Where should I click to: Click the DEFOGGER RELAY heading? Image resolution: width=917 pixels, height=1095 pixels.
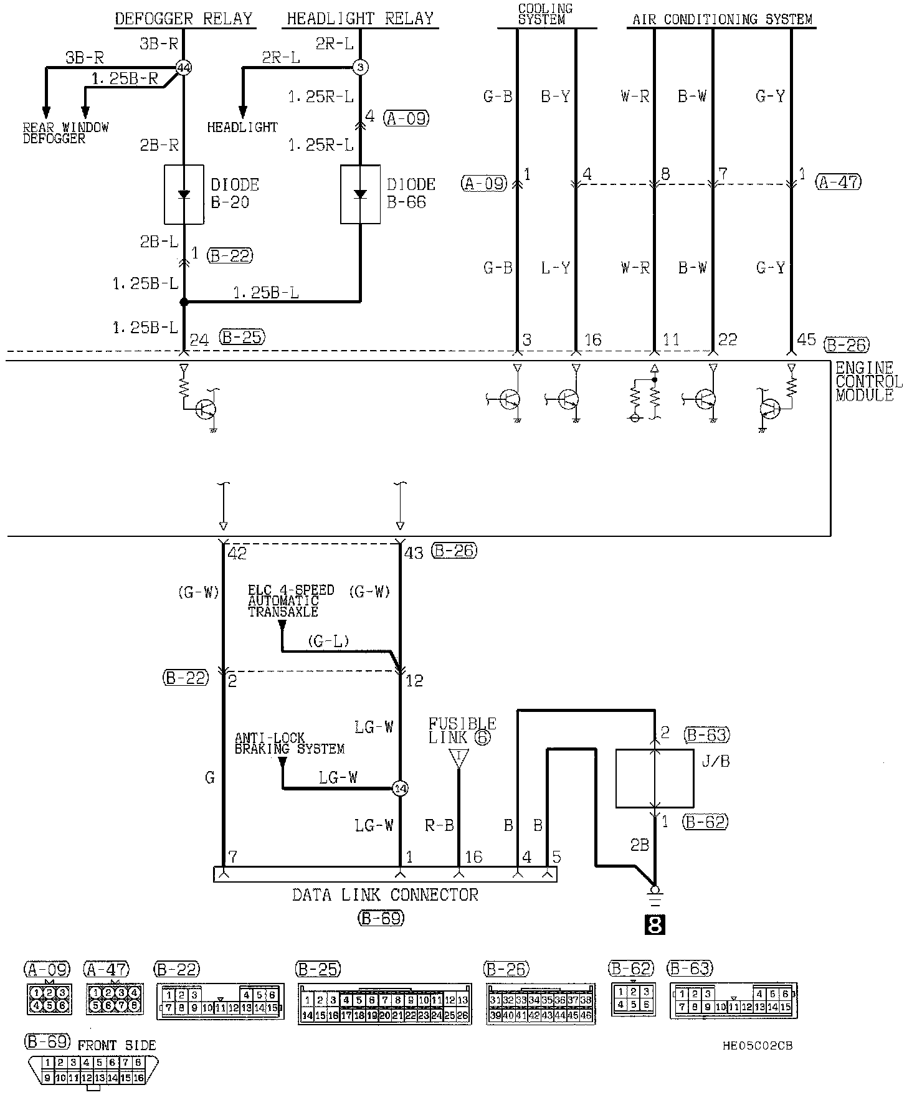(184, 19)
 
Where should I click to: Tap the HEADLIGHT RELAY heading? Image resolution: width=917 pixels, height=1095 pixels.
(360, 19)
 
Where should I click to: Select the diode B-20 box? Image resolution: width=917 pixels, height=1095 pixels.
(184, 194)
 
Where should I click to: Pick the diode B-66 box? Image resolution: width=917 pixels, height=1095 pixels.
(360, 194)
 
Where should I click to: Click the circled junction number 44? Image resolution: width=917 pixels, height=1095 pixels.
(183, 68)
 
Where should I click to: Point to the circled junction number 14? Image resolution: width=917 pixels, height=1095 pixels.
(400, 789)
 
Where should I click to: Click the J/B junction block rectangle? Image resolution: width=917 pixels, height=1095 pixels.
(654, 778)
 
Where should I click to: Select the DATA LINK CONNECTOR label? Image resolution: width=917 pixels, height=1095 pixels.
(385, 895)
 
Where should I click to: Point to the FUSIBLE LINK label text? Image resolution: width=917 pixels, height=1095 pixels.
(462, 730)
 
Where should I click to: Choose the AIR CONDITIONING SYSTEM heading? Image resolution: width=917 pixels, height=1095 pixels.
(722, 19)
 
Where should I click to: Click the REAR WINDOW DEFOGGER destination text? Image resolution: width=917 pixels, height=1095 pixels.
(65, 133)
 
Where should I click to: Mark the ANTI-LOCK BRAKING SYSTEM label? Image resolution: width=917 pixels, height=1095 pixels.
(289, 743)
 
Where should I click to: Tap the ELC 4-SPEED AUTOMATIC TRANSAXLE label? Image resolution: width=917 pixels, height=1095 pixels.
(291, 600)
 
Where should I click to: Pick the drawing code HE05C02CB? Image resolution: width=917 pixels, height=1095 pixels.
(758, 1045)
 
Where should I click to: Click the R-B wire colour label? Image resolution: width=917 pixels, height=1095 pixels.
(439, 826)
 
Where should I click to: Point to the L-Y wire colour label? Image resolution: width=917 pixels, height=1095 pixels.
(555, 268)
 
